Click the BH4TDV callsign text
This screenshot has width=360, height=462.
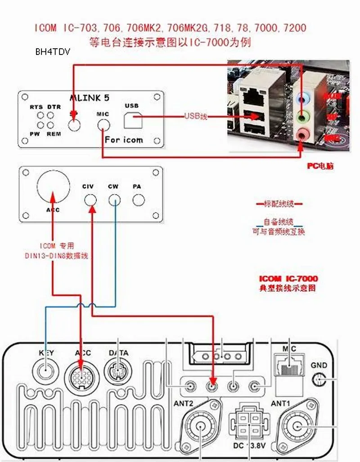[x=53, y=51]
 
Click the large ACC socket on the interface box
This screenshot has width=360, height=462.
[x=53, y=187]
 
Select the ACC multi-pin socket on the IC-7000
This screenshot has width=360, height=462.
[x=81, y=374]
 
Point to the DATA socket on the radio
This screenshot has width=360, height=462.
[x=118, y=373]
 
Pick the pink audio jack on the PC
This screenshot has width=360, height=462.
[x=302, y=134]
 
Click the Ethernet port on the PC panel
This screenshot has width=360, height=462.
[x=256, y=96]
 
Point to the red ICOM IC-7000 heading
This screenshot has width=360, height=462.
[x=288, y=279]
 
